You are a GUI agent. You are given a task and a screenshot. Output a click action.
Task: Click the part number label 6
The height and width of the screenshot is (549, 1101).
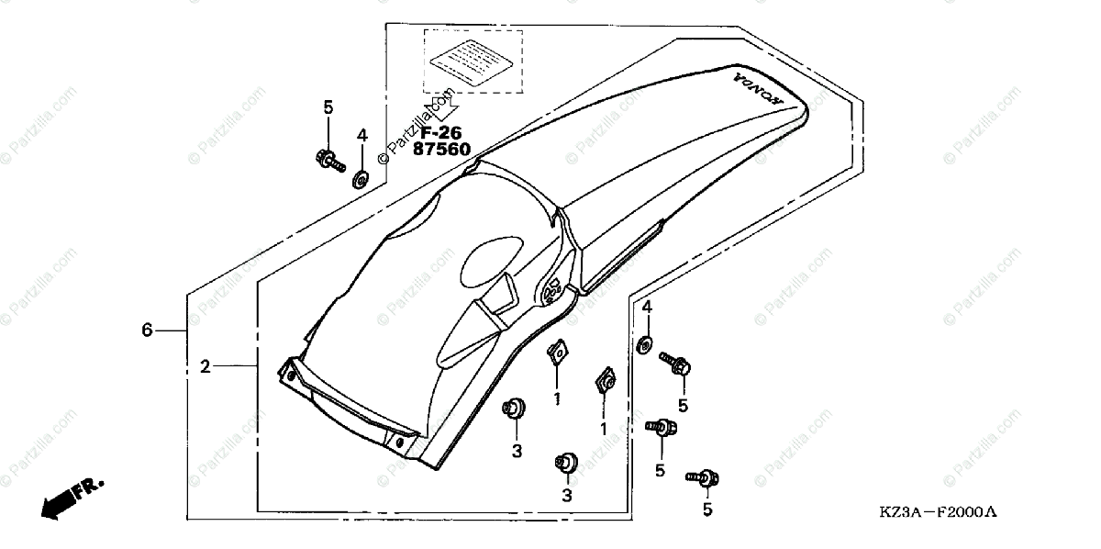click(x=147, y=330)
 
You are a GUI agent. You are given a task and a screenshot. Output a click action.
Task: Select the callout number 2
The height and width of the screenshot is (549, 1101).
click(x=206, y=366)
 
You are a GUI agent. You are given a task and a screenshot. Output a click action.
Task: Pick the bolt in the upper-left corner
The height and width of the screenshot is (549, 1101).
click(x=328, y=161)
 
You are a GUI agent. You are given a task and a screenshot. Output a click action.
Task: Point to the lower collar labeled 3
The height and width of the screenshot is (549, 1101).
click(x=565, y=462)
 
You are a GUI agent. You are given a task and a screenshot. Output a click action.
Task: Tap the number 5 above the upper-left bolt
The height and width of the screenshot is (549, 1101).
click(x=328, y=107)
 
